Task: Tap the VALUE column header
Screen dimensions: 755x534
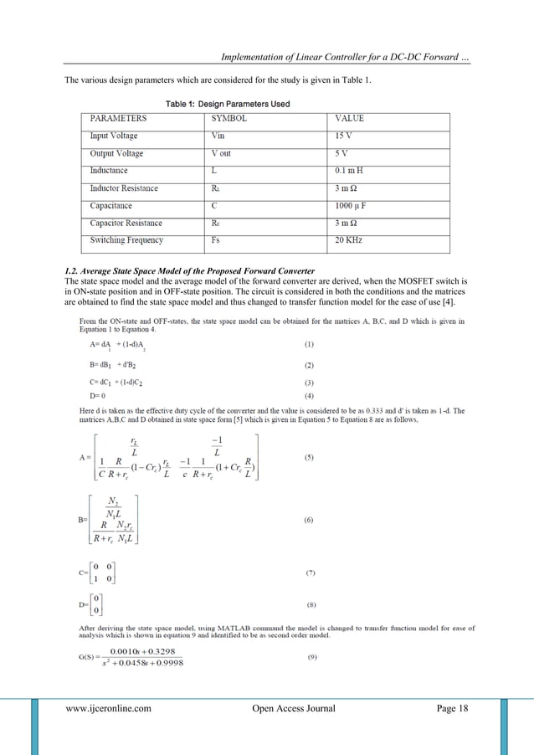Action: (x=349, y=119)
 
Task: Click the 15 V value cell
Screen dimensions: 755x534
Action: (x=345, y=136)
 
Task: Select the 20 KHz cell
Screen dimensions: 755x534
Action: (x=349, y=241)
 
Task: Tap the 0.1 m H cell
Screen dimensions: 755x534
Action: (x=350, y=171)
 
